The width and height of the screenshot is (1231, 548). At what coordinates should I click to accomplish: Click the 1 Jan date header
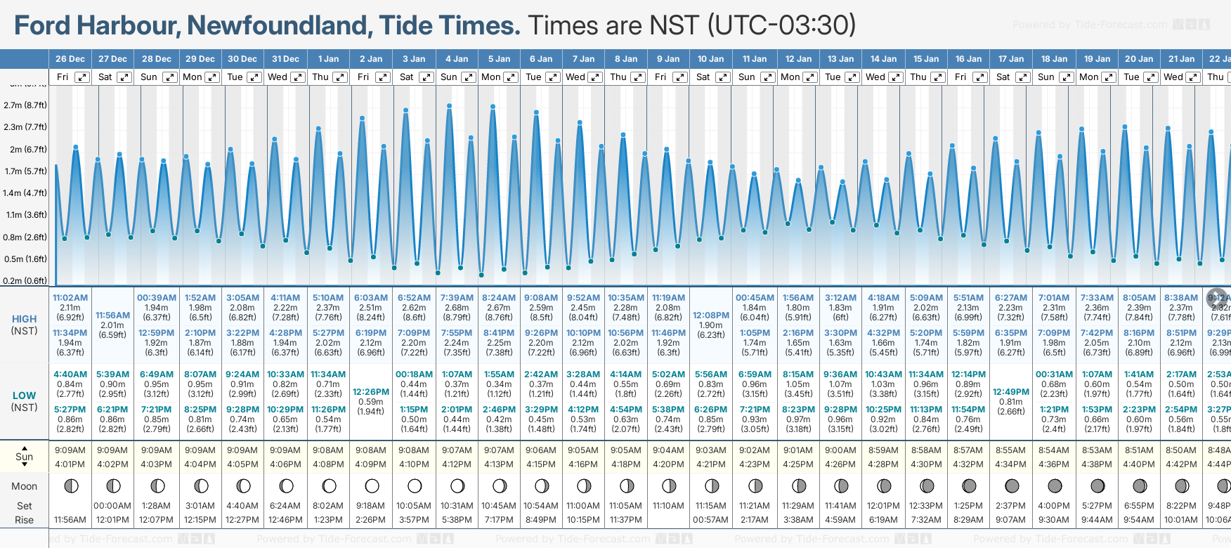point(328,59)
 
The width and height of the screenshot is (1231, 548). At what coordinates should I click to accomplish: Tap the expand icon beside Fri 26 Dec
point(82,77)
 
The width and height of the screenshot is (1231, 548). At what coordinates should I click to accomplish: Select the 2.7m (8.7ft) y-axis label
point(25,105)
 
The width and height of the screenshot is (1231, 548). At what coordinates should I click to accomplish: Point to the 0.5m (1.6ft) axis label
point(25,259)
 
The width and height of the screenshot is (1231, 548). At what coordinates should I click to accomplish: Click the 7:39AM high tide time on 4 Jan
point(457,298)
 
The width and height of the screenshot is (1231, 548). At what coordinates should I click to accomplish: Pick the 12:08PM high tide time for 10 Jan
point(711,315)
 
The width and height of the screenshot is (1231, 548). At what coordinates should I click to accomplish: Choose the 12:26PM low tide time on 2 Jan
point(371,392)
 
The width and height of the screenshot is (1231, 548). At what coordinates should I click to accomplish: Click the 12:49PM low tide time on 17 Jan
point(1011,392)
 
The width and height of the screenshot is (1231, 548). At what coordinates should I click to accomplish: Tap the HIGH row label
point(24,319)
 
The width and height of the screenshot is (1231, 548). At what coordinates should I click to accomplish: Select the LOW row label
point(24,396)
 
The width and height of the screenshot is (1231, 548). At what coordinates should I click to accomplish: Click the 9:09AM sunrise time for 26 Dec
point(70,450)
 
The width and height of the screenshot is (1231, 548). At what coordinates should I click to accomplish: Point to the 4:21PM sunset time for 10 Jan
point(711,464)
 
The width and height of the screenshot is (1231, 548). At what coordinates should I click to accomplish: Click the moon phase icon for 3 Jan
point(415,486)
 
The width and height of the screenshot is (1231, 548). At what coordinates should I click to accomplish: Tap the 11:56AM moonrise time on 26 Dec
point(70,520)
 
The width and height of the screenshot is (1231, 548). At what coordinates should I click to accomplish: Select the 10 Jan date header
point(711,59)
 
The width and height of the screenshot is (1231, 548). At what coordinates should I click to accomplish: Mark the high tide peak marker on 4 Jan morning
point(449,105)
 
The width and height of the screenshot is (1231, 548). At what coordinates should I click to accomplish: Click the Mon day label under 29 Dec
point(192,77)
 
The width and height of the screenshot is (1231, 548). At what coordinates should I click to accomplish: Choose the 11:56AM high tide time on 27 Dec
point(112,315)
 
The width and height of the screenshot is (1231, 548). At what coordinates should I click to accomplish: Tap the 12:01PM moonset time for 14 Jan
point(883,506)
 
